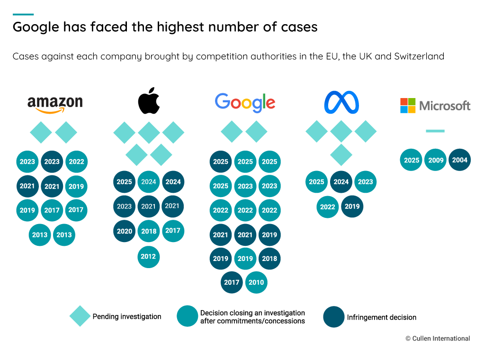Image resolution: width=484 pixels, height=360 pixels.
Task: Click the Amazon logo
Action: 55,104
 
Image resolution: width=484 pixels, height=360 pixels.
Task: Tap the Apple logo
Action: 149,101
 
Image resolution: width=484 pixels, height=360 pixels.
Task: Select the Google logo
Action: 245,103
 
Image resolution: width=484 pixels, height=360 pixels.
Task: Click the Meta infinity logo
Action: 341,102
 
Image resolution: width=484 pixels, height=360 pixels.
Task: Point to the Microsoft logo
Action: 435,105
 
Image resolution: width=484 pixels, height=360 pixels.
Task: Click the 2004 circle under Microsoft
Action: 459,160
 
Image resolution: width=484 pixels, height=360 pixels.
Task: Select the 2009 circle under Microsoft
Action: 436,160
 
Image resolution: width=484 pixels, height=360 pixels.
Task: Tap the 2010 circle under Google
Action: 256,282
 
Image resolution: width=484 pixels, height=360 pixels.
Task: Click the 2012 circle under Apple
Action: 148,257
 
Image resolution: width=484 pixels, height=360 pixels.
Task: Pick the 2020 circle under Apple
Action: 124,231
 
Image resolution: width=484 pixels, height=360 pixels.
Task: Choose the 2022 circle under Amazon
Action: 76,162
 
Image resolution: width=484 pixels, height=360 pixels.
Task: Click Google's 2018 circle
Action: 269,259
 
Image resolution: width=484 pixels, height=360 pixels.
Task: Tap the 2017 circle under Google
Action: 232,282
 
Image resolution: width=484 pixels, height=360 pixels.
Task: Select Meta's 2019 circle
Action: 352,207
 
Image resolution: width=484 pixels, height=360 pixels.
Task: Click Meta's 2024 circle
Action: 341,182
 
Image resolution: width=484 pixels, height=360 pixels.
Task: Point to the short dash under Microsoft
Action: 435,131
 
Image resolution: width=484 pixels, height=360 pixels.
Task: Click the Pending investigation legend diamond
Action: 80,316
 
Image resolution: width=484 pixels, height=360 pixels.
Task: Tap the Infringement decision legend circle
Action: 334,317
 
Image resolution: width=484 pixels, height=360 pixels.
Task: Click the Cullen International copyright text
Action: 438,338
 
